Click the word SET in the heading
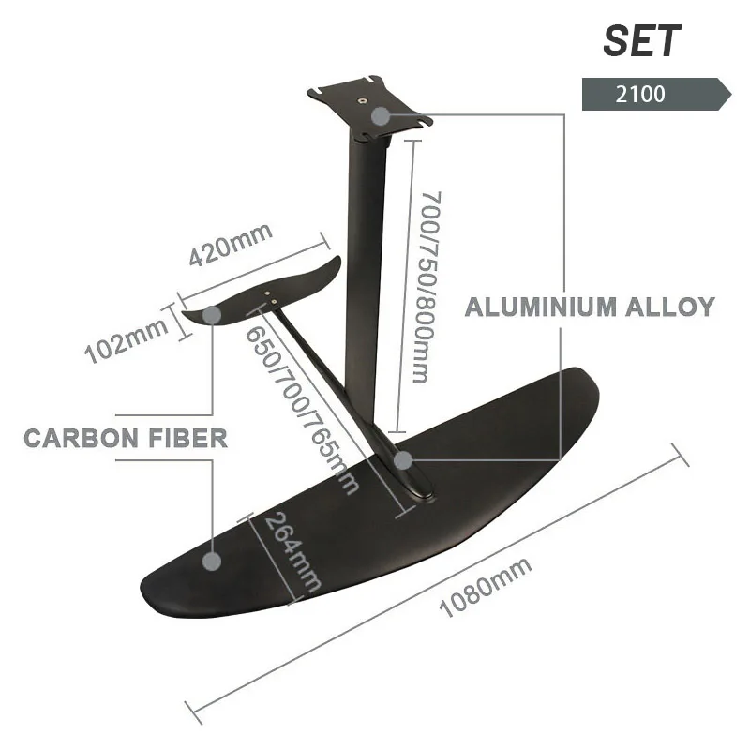[x=641, y=41]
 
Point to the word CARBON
[x=81, y=438]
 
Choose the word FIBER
[x=187, y=438]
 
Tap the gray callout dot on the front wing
[x=213, y=561]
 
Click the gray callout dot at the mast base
[x=403, y=460]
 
